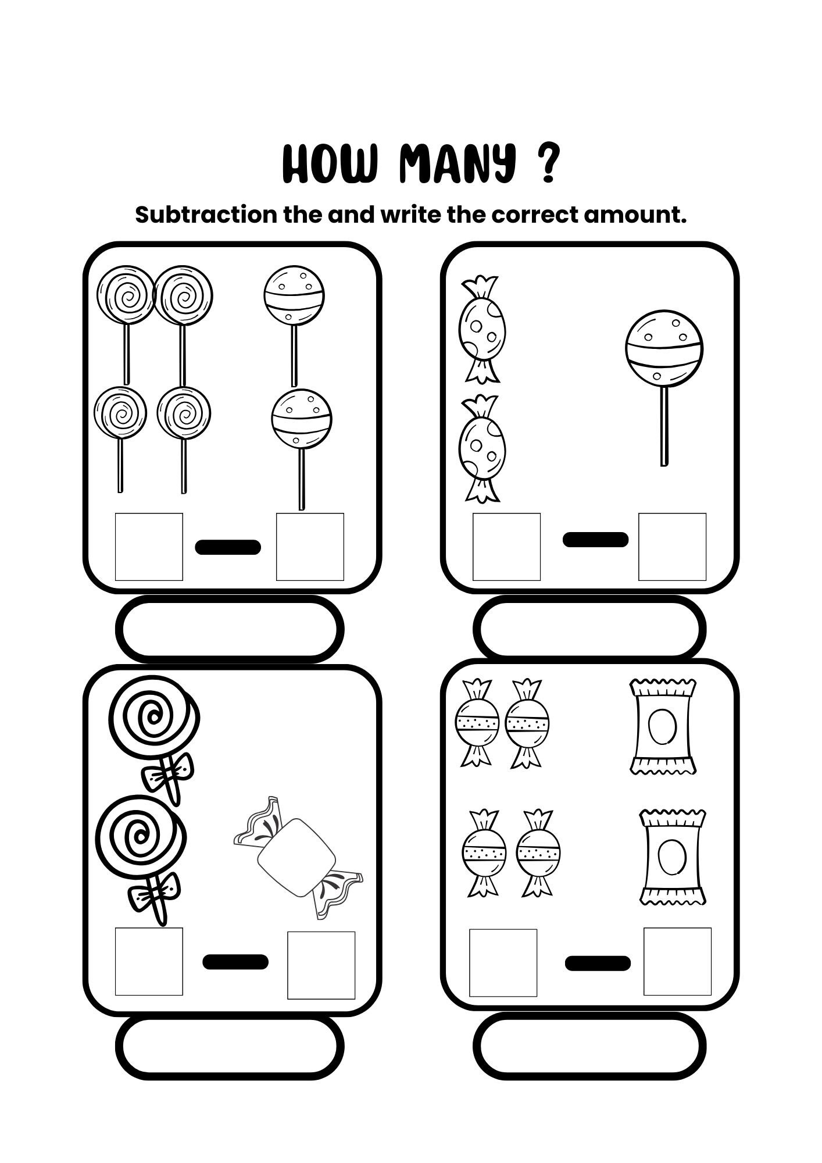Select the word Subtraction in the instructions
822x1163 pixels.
point(206,215)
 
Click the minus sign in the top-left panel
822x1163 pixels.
point(228,547)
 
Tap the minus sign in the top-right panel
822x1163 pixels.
point(595,540)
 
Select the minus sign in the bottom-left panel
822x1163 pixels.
point(235,962)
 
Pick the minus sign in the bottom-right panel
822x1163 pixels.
point(598,963)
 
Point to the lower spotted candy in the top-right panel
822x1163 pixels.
point(482,448)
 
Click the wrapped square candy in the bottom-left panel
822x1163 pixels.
point(298,857)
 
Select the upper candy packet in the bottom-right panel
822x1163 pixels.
point(663,727)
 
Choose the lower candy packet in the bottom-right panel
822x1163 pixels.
point(673,857)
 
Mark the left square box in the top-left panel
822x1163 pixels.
point(149,547)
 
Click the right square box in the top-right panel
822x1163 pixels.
point(672,547)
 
